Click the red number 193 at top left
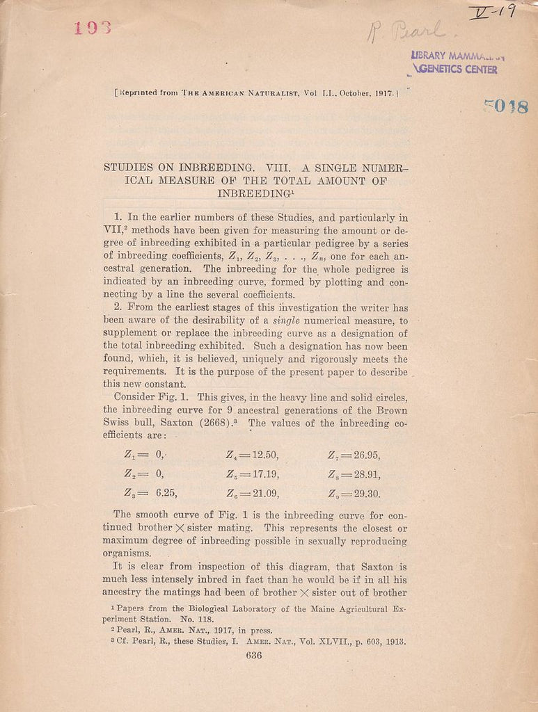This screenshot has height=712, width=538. (x=93, y=28)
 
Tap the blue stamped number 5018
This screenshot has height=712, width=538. (x=506, y=106)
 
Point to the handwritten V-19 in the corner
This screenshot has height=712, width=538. (x=492, y=12)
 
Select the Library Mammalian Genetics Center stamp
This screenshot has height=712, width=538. (x=456, y=63)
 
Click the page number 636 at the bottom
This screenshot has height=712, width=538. (x=253, y=656)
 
